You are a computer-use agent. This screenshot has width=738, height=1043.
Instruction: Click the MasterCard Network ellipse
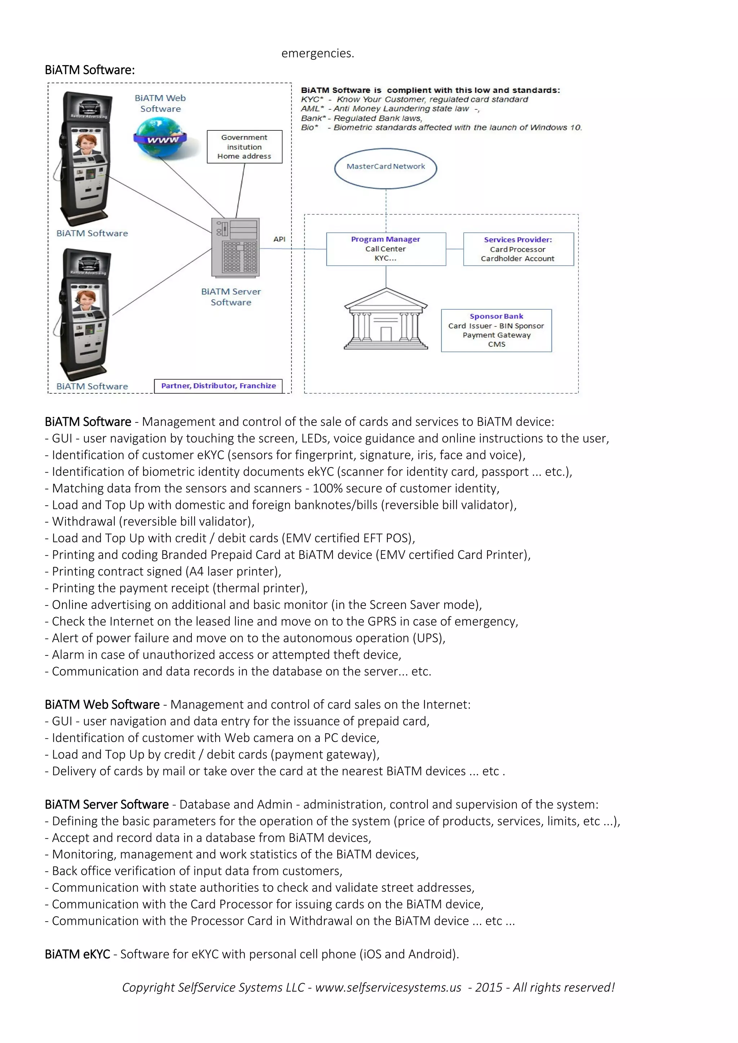(x=385, y=168)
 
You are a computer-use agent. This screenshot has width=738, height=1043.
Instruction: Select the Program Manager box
(x=386, y=249)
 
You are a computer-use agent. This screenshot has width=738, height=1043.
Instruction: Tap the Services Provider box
(x=518, y=249)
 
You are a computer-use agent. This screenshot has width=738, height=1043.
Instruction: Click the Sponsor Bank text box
(x=496, y=330)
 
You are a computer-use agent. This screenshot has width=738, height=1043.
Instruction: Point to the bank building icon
(x=386, y=320)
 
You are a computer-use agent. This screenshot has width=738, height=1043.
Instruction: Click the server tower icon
(x=235, y=247)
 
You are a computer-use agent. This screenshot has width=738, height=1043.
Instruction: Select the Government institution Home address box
(x=244, y=147)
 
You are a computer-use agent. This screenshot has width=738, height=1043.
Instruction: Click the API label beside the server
(x=280, y=239)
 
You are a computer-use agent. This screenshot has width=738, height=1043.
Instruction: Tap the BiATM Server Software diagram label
(x=231, y=297)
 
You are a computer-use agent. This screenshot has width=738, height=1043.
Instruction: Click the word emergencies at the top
(x=317, y=54)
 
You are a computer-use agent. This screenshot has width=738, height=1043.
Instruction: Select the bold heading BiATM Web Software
(x=102, y=704)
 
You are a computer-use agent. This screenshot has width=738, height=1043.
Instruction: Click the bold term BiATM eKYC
(x=77, y=954)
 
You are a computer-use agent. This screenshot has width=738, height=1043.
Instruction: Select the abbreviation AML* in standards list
(x=312, y=108)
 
